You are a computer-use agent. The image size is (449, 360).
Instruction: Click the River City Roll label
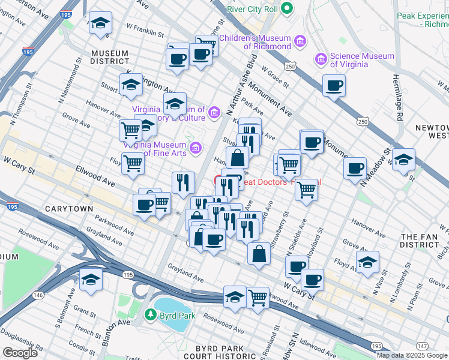253,8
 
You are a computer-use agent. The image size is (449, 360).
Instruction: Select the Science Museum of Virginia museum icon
321,59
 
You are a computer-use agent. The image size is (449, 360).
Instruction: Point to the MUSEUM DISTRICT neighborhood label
110,57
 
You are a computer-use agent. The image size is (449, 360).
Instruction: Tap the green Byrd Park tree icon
150,314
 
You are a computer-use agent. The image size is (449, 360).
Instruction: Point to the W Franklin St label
145,29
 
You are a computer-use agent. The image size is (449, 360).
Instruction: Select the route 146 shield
38,295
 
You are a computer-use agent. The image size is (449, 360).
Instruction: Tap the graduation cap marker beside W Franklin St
100,25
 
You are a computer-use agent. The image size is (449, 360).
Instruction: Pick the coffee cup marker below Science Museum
334,85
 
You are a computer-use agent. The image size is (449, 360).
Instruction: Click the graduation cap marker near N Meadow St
404,160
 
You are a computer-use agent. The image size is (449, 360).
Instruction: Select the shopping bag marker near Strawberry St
259,253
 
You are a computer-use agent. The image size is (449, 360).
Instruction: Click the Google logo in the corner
20,352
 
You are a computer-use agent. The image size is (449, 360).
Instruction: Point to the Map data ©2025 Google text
412,355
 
